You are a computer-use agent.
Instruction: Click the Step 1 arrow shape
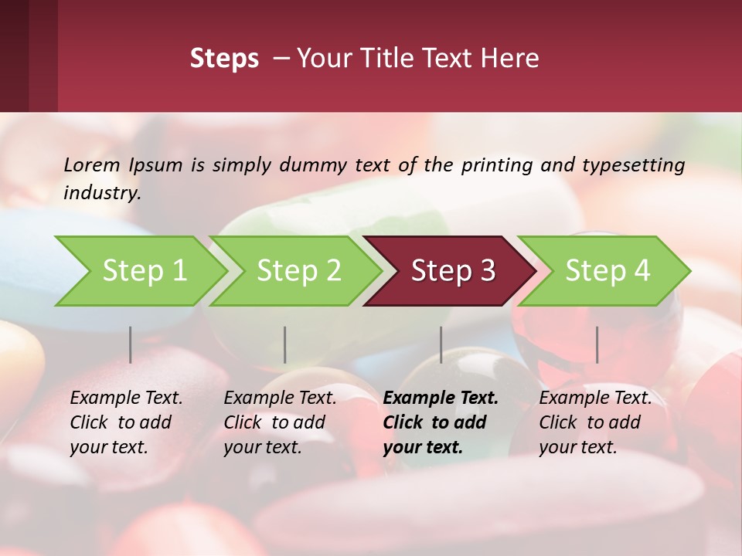coord(143,271)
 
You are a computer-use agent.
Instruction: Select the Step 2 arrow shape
coord(298,271)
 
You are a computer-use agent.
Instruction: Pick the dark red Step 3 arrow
coord(452,271)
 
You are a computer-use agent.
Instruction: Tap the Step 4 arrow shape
coord(607,271)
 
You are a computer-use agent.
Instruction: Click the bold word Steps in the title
coord(224,59)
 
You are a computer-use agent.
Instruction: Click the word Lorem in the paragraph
coord(92,164)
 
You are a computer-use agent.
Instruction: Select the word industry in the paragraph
coord(102,192)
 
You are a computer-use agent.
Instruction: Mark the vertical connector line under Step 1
coord(131,344)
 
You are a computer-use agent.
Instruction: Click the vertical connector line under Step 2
coord(285,344)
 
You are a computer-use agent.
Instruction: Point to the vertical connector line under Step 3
coord(441,344)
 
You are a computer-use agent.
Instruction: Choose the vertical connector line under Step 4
coord(597,344)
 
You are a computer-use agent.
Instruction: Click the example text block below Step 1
coord(126,422)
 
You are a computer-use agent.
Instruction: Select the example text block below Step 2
coord(280,422)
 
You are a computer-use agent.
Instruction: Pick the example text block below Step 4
coord(595,422)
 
